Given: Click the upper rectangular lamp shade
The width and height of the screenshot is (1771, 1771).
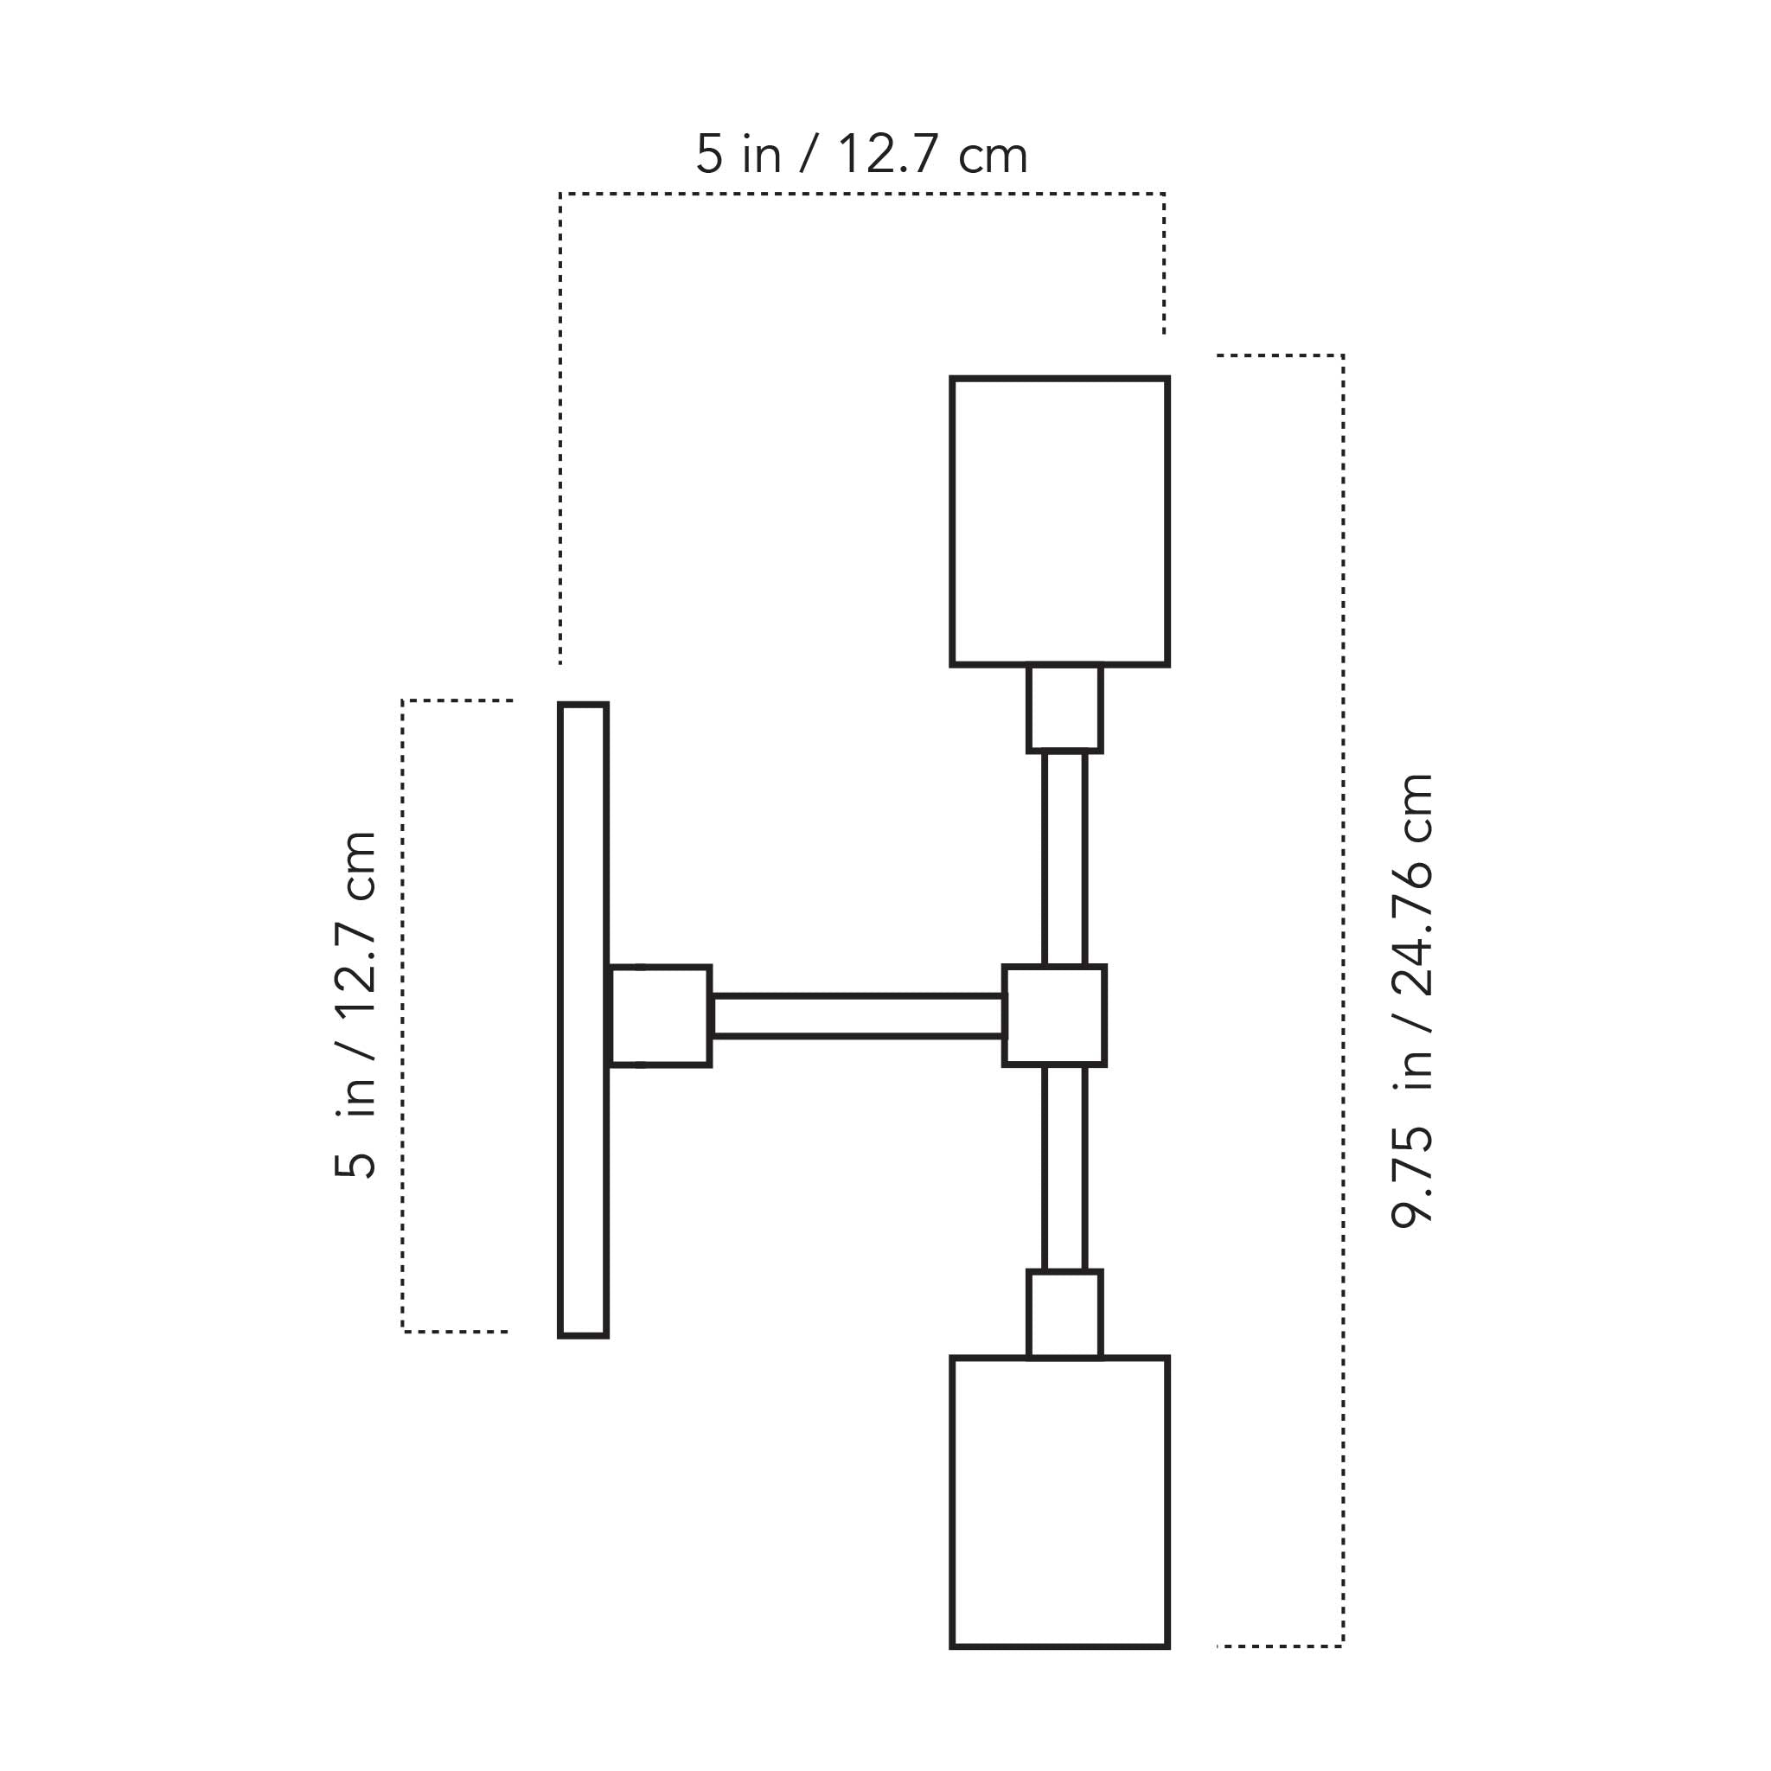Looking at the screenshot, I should point(1059,521).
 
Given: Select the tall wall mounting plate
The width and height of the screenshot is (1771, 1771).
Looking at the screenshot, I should point(583,1020).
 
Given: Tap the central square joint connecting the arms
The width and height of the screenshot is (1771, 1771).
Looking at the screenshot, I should point(1054,1016).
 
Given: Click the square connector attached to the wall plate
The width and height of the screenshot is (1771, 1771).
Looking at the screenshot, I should point(661,1016).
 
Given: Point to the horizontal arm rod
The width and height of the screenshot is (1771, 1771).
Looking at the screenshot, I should point(857,1016).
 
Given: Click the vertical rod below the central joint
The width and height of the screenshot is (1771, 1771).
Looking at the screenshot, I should point(1065,1169).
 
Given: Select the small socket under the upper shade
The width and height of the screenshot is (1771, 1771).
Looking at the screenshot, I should point(1065,708).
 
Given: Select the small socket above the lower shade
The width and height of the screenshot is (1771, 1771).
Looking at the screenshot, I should point(1065,1314).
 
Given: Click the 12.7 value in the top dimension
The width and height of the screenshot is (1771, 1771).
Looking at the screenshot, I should point(886,154).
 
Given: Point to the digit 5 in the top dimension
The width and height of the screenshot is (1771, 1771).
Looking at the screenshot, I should point(709,154).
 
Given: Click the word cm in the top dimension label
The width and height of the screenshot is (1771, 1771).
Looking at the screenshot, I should point(993,156).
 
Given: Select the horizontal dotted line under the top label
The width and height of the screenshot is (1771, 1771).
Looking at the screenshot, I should point(861,195).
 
